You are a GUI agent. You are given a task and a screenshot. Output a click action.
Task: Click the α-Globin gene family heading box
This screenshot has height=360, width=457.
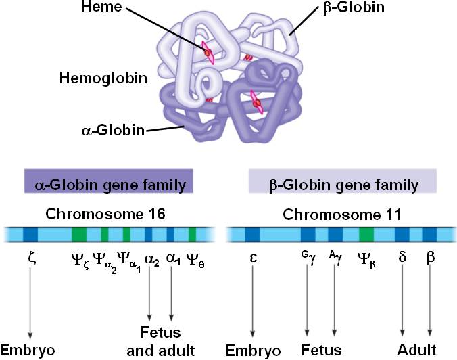point(109,183)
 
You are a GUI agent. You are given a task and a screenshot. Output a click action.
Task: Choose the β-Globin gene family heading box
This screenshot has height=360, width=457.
point(341,183)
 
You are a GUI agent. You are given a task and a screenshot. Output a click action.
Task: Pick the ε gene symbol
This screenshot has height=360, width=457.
point(252,258)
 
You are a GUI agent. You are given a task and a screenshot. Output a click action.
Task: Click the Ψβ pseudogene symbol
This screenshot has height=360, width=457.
point(367,258)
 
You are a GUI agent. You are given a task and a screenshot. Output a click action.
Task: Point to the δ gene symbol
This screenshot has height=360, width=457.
point(403,258)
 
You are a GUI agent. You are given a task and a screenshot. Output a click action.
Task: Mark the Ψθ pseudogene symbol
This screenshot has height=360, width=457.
point(195,258)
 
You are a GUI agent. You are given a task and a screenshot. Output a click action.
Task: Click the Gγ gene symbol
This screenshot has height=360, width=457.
point(307,257)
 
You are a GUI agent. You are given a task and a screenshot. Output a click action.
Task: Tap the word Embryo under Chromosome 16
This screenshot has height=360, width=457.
point(28,351)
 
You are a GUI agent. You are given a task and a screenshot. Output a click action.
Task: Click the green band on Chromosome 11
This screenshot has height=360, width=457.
point(366,235)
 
